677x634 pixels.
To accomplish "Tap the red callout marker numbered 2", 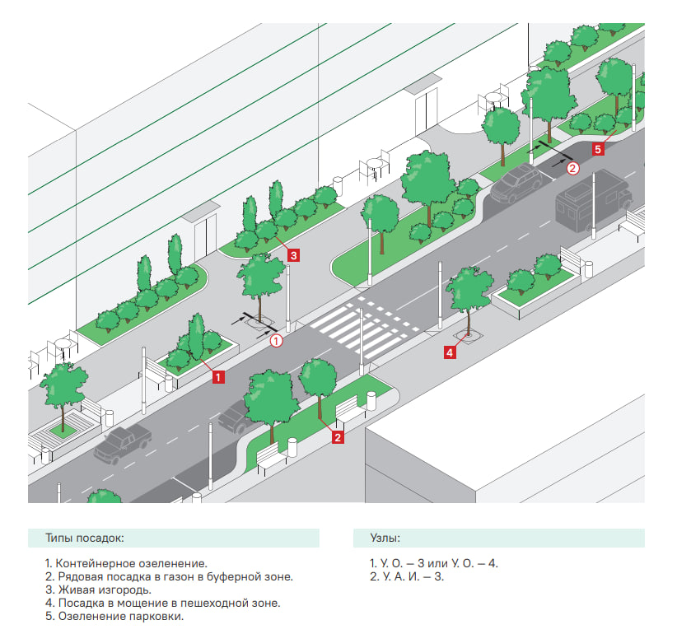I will point(337,438).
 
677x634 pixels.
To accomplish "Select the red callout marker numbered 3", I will point(293,255).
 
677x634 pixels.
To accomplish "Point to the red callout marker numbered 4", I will point(449,352).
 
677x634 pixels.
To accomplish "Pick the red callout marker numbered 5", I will point(598,149).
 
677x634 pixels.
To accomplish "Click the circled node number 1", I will point(277,339).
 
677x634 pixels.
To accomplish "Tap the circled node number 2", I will point(573,167).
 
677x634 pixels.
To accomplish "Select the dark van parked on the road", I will point(593,199).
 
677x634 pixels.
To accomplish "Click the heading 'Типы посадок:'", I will point(85,538).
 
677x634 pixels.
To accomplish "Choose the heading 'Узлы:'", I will point(385,538).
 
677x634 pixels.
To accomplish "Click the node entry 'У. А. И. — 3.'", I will point(408,577).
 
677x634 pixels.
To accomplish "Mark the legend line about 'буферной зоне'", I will point(169,577).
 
